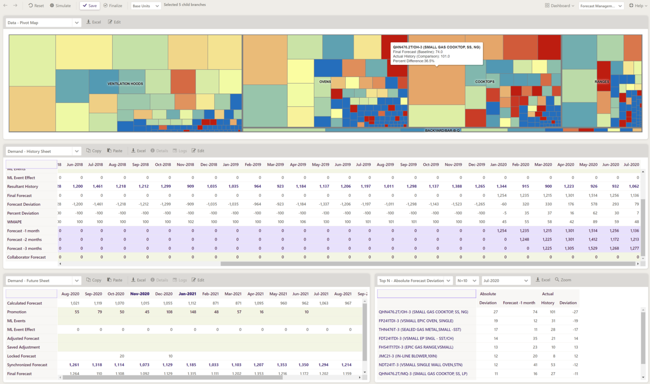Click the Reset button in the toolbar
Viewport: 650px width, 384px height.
pos(36,6)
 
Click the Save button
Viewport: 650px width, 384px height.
pos(89,6)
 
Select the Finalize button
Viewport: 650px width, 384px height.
pos(113,6)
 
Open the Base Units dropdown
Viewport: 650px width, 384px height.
pos(146,6)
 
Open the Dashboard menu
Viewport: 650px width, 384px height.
pos(559,6)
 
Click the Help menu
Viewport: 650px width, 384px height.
pos(638,6)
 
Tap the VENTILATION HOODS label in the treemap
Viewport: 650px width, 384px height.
pos(125,84)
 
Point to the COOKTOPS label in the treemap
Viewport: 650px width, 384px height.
pos(485,82)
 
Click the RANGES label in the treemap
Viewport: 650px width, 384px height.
pos(601,82)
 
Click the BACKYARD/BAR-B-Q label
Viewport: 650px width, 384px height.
pos(442,130)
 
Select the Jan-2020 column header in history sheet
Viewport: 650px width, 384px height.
pos(498,165)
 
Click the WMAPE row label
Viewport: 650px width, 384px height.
pos(14,222)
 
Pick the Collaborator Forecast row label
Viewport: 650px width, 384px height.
pos(26,257)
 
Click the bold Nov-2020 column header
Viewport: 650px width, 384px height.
pos(140,294)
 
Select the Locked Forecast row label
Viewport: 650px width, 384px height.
pos(22,356)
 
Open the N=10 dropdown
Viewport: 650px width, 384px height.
pos(467,281)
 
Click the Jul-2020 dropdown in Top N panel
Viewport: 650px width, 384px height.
pos(505,281)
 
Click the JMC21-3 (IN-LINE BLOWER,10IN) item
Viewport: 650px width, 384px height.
pos(408,356)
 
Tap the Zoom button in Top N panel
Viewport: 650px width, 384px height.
pos(563,280)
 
